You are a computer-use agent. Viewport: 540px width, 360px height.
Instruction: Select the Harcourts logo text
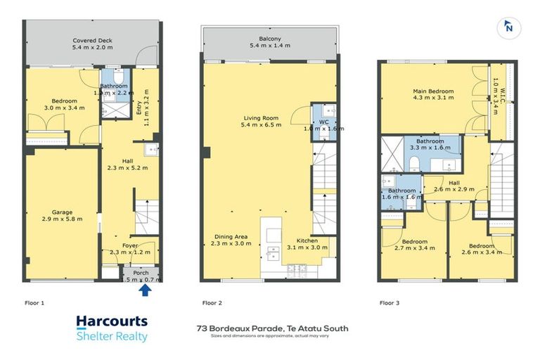tap(112, 322)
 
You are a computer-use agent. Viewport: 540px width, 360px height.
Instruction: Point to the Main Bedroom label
tap(432, 91)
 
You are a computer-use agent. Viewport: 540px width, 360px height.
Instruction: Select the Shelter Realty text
tap(112, 336)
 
